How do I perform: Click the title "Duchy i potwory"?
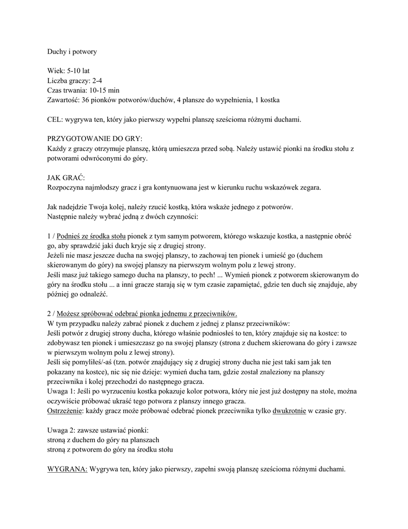click(x=72, y=52)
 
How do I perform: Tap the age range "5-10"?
click(x=75, y=71)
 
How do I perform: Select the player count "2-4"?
click(x=100, y=80)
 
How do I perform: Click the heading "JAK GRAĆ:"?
click(x=66, y=178)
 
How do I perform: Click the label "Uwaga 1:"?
click(x=61, y=392)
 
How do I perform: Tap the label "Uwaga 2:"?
click(x=61, y=430)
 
